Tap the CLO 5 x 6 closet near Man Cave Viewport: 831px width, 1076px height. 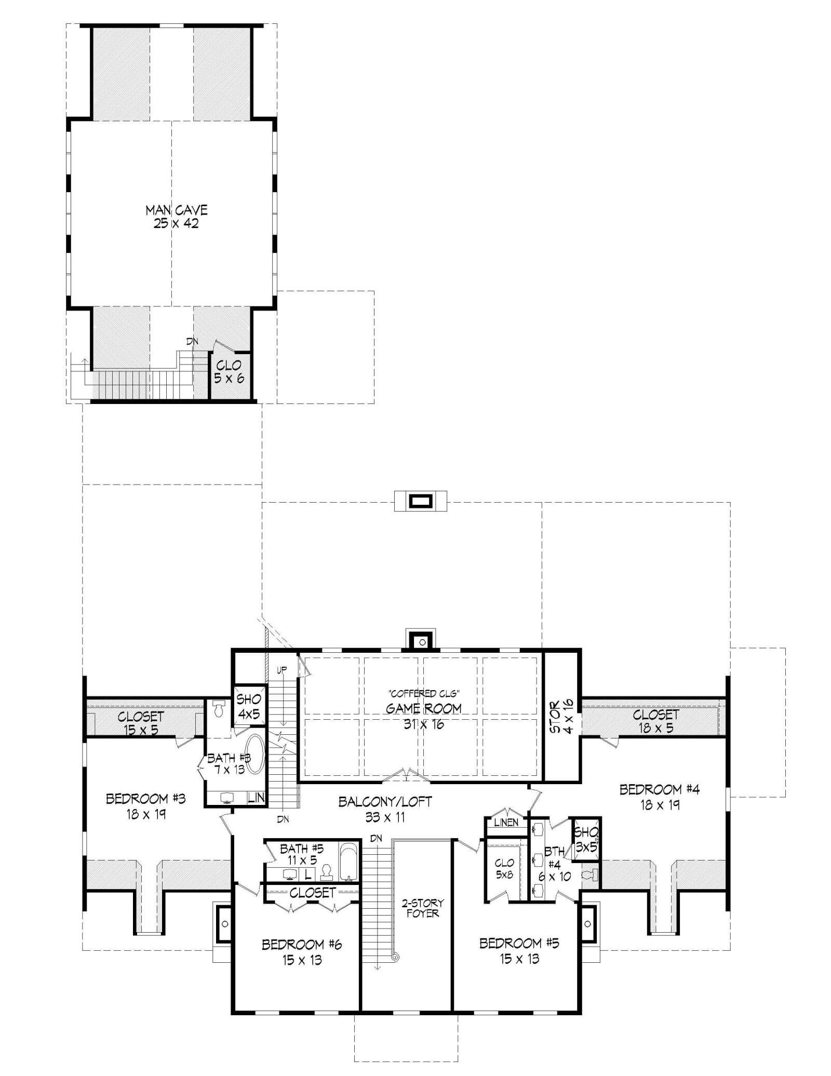229,372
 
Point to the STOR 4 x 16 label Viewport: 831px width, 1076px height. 561,717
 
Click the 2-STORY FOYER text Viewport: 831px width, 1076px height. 422,908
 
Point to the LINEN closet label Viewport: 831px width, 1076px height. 506,823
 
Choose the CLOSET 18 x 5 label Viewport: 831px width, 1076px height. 655,721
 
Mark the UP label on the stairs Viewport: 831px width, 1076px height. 282,670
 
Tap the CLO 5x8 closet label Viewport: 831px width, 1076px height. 504,869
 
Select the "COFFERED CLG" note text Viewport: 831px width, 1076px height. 424,693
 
